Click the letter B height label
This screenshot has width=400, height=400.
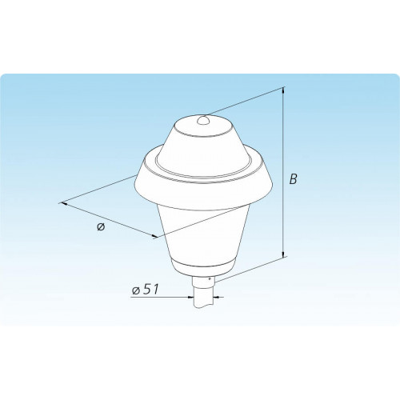(293, 179)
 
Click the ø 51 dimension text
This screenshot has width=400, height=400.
(146, 290)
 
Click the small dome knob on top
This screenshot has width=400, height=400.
(204, 120)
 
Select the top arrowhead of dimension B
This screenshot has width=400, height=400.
(283, 91)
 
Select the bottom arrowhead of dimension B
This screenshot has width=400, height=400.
(283, 254)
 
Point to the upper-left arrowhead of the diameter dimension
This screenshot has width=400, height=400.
(64, 204)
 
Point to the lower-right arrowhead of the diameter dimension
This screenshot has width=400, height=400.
(154, 236)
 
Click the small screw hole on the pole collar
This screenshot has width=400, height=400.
(210, 279)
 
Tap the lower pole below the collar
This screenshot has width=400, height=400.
(204, 298)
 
